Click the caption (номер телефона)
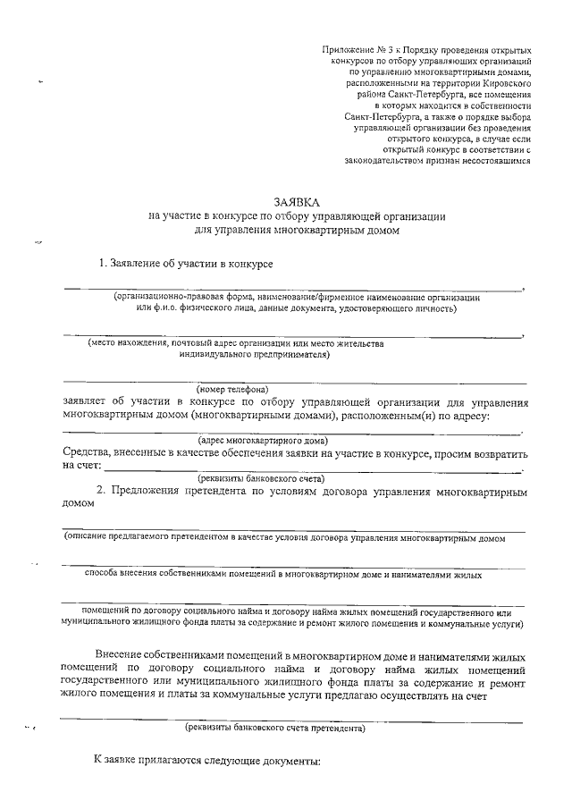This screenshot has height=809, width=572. click(x=233, y=389)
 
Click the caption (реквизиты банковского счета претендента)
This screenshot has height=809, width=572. click(x=274, y=728)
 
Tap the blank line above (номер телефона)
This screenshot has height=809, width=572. click(x=295, y=382)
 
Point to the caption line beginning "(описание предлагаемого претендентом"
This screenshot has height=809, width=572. click(x=282, y=539)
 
